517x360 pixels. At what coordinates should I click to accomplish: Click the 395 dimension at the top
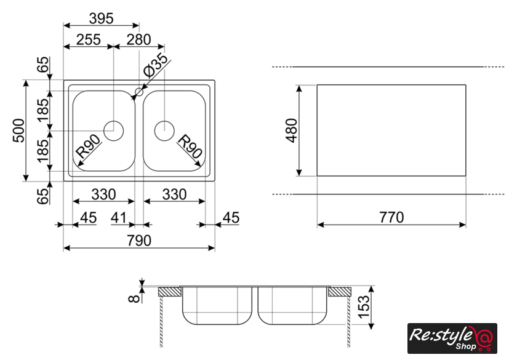coord(101,18)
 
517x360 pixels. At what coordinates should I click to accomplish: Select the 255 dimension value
coord(88,40)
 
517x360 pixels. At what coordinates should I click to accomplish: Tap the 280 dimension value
coord(138,40)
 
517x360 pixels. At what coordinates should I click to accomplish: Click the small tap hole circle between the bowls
coord(138,93)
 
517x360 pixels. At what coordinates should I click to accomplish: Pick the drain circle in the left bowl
coord(113,130)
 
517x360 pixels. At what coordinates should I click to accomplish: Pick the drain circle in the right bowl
coord(164,130)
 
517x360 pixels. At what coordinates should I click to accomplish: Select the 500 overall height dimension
coord(19,130)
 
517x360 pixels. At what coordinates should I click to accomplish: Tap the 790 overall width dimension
coord(139,241)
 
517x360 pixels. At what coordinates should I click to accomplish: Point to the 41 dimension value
coord(119,218)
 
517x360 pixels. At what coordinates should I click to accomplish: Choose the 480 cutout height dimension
coord(291,130)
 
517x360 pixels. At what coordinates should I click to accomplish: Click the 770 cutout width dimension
coord(391,218)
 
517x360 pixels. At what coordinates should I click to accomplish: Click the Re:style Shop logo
coord(452,338)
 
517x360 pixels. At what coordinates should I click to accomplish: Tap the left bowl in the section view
coord(217,306)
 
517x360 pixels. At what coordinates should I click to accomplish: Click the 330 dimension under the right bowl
coord(174,194)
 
